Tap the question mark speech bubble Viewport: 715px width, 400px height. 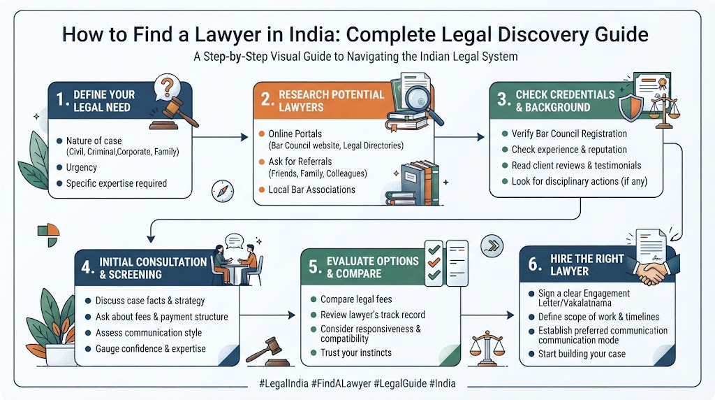click(x=167, y=87)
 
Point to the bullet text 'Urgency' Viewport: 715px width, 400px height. click(x=81, y=167)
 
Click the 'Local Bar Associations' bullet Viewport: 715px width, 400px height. click(x=311, y=190)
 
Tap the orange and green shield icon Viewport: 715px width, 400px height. click(x=631, y=107)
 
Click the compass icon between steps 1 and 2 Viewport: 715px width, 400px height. click(x=223, y=192)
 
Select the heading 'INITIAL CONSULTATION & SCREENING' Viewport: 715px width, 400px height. click(x=153, y=268)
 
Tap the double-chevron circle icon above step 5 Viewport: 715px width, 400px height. click(x=492, y=245)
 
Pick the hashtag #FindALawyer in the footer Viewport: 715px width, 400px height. click(x=341, y=383)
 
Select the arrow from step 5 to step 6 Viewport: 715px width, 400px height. click(x=487, y=315)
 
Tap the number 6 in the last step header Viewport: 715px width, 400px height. click(x=534, y=264)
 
